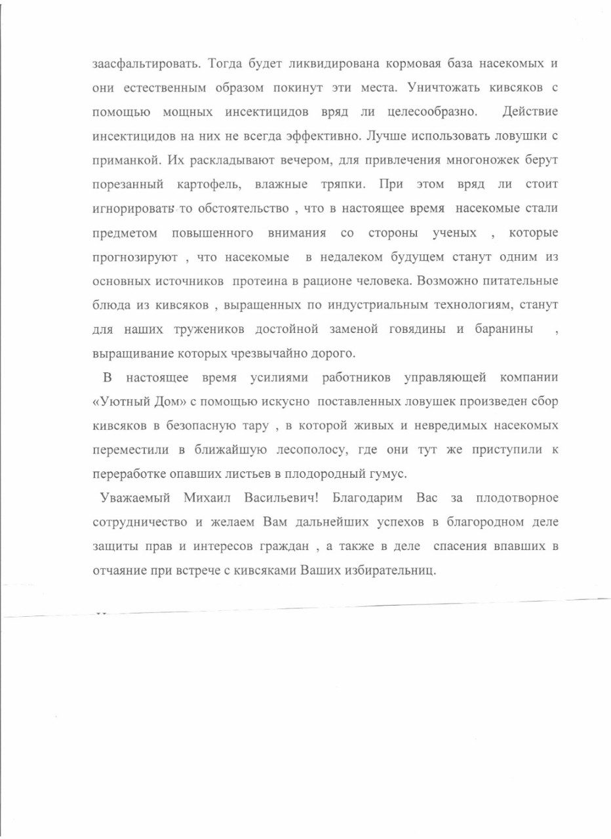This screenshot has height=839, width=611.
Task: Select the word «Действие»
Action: tap(530, 112)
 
